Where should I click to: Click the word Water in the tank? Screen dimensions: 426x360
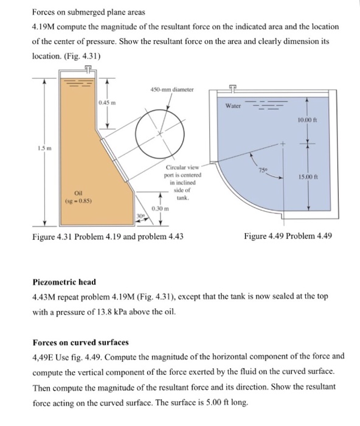coord(234,105)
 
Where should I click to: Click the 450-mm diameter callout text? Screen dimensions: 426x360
coord(172,89)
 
